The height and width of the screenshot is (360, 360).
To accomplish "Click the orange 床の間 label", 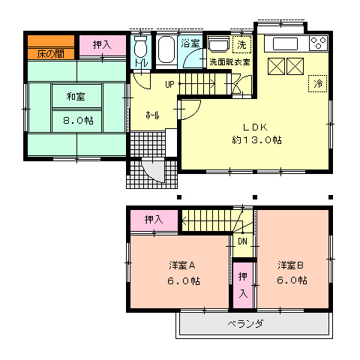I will point(50,54).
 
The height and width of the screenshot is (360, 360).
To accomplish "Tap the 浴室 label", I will point(190,44).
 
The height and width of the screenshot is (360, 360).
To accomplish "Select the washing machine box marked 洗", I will point(241,43).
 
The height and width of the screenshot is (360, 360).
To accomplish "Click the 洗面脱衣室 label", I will point(229,61).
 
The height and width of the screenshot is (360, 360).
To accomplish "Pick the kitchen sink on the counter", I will point(286,43).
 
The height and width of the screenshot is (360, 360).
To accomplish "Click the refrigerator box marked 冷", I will point(318,82).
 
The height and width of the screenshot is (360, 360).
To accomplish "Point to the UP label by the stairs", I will point(170,84).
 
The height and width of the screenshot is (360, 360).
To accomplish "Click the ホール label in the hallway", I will point(151,116).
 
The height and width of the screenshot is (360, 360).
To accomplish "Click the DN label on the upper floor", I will point(242,241).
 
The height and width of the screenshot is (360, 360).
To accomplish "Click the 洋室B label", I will point(291,265).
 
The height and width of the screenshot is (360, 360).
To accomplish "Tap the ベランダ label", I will point(245,324).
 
